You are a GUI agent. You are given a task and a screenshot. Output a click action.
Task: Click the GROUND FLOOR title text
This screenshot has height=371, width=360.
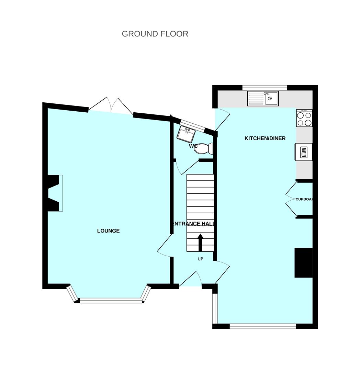pyautogui.click(x=155, y=34)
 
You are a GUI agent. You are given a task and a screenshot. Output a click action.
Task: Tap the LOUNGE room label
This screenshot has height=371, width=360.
pyautogui.click(x=108, y=231)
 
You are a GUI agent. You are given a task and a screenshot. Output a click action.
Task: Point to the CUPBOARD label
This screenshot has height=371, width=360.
pyautogui.click(x=304, y=199)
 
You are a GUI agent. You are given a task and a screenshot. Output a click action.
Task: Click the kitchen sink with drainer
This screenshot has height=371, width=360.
pyautogui.click(x=263, y=99)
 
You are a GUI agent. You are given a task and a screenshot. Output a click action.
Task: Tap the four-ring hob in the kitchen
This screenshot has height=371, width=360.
pyautogui.click(x=304, y=119)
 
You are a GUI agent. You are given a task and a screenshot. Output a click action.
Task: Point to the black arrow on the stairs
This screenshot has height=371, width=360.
pyautogui.click(x=200, y=243)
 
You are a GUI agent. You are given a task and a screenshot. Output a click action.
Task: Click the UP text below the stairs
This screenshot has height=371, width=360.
pyautogui.click(x=200, y=259)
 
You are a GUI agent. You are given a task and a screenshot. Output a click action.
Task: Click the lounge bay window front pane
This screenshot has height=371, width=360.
pyautogui.click(x=111, y=301)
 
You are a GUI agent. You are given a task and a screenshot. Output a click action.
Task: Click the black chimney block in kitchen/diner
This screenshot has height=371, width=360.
pyautogui.click(x=303, y=262)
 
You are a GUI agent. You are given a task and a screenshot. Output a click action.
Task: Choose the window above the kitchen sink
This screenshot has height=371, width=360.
pyautogui.click(x=265, y=87)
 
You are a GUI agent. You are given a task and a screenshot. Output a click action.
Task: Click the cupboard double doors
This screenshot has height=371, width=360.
pyautogui.click(x=291, y=199)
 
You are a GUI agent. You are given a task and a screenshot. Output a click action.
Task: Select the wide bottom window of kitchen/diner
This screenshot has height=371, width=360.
pyautogui.click(x=262, y=326)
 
